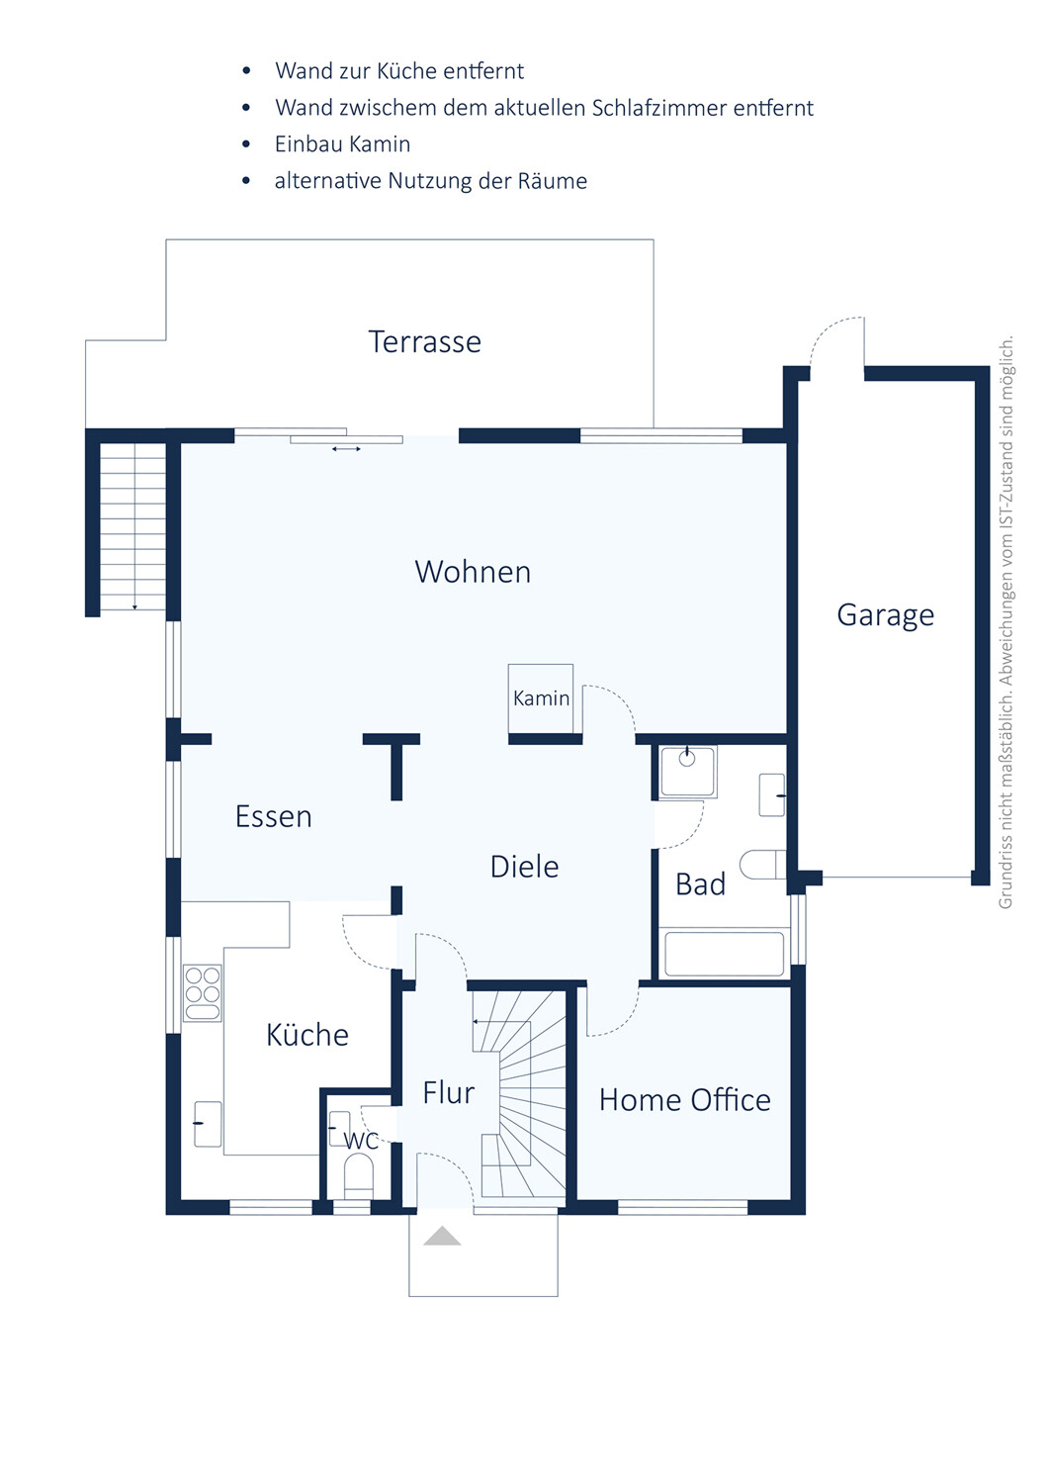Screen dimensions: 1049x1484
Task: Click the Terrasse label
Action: (424, 342)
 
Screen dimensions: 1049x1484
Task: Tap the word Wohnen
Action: (473, 572)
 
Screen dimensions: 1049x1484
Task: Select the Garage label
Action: (886, 615)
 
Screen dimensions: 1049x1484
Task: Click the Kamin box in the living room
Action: (541, 698)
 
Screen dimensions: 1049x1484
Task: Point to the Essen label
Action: (274, 816)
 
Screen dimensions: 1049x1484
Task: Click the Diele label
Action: (524, 867)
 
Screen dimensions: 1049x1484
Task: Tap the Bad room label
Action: (700, 884)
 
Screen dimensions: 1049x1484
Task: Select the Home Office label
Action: (685, 1100)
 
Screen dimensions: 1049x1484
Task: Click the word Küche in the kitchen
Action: (307, 1034)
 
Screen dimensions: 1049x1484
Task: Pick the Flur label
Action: (448, 1093)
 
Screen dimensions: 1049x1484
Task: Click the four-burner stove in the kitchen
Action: (203, 991)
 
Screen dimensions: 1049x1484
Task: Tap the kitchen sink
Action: (208, 1124)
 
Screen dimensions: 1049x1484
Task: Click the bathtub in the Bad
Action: (724, 955)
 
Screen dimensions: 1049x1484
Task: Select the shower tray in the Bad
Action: (688, 771)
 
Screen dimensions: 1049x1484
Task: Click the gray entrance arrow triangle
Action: (442, 1236)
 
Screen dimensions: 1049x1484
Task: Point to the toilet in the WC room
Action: (358, 1177)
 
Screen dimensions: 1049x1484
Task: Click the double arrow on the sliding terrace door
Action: (346, 449)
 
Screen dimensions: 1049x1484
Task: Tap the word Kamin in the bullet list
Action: (380, 143)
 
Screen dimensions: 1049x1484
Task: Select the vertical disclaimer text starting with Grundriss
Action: (1005, 622)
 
